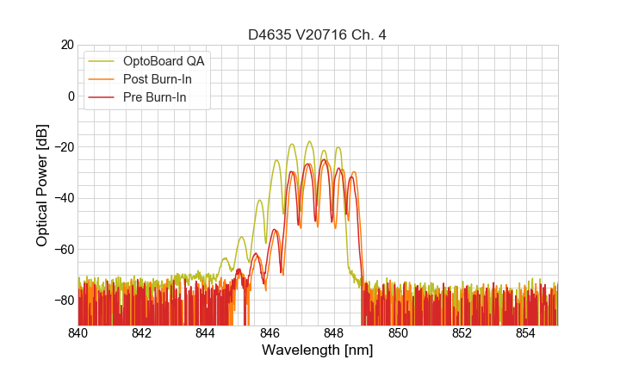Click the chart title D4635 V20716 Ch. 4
tap(318, 35)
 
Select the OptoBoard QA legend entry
tap(164, 61)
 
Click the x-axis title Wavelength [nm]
tap(318, 350)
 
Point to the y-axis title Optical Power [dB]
tap(42, 185)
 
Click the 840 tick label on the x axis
tap(78, 333)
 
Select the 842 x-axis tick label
tap(142, 333)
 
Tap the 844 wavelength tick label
tap(206, 333)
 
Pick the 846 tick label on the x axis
tap(270, 333)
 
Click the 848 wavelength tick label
tap(334, 333)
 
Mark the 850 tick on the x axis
tap(398, 333)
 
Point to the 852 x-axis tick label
tap(462, 333)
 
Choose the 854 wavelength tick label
tap(525, 333)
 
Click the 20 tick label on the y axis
tap(65, 45)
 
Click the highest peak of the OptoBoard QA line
tap(309, 141)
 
